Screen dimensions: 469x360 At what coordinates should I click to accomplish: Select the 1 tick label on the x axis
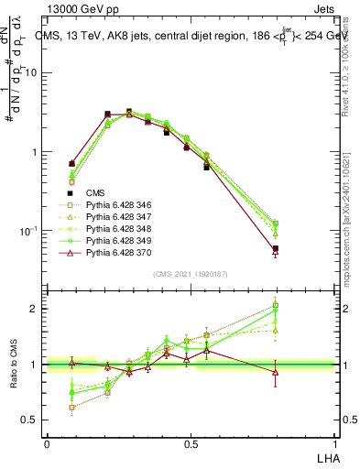(335, 442)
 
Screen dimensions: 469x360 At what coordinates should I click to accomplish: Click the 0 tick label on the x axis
(47, 442)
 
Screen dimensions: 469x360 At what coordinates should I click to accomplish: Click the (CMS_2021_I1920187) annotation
(191, 273)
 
